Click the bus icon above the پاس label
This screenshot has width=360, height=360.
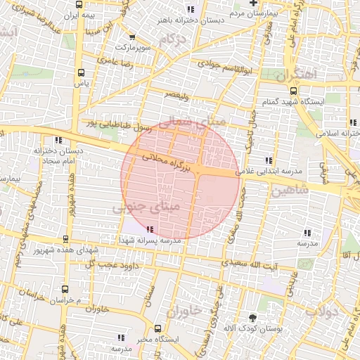(81, 72)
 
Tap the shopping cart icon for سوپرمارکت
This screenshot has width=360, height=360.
(132, 37)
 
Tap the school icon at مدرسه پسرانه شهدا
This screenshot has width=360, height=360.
(149, 229)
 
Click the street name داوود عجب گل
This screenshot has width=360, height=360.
(108, 264)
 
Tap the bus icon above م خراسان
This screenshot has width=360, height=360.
(65, 289)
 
